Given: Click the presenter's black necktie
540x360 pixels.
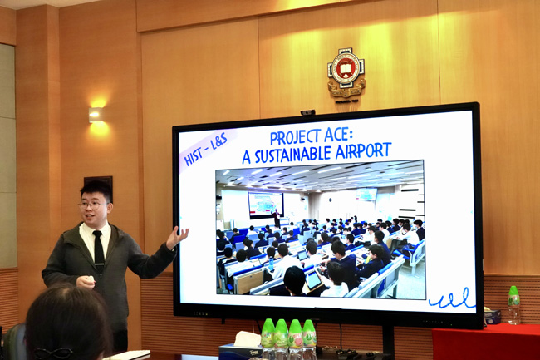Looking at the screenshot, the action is [x=99, y=249].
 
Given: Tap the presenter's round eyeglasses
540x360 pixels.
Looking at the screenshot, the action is [x=91, y=205].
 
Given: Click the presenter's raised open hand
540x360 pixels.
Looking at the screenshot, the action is [x=177, y=237].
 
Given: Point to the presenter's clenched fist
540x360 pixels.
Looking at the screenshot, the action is [x=86, y=283].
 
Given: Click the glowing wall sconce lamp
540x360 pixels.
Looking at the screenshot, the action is [x=96, y=115].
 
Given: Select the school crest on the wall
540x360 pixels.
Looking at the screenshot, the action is [x=346, y=73].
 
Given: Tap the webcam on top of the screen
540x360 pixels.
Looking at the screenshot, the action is [x=307, y=112].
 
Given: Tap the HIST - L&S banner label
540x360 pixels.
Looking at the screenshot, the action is [x=206, y=149].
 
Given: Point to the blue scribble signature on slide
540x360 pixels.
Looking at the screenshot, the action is [x=451, y=299].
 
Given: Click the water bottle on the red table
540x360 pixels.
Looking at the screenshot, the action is [x=513, y=305].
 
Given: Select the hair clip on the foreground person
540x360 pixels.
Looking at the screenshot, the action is [x=52, y=353].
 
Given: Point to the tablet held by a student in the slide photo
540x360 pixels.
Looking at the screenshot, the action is [x=313, y=280].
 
